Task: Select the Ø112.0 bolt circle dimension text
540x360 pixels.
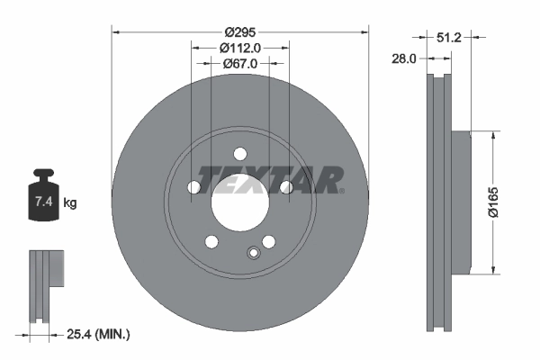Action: [239, 48]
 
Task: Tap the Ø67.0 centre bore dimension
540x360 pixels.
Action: [240, 64]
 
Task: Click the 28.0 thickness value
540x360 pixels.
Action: [402, 58]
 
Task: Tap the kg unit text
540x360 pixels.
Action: [70, 204]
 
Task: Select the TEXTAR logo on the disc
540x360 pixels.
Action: [270, 179]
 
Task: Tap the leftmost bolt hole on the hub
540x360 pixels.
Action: [193, 187]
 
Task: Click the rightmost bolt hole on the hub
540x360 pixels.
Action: [286, 187]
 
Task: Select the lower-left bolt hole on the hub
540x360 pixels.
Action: [211, 241]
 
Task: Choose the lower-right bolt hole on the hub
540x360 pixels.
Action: [268, 241]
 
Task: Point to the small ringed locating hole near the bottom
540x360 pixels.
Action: [253, 253]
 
